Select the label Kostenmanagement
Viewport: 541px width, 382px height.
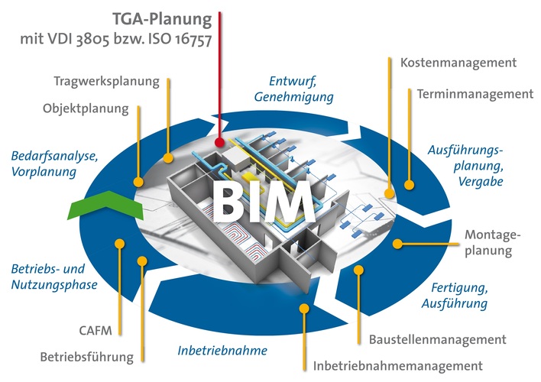point(458,62)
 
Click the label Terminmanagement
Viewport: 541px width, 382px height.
point(475,94)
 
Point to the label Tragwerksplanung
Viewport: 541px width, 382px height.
point(106,81)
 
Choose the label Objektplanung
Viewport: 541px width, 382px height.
point(85,108)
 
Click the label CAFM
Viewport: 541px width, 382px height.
point(96,331)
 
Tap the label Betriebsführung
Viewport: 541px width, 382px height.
point(86,356)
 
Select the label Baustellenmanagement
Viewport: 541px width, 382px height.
point(437,339)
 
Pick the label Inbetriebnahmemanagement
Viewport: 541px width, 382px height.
point(397,366)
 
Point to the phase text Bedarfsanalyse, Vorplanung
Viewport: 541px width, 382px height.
point(54,163)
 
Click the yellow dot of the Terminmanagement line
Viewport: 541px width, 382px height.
point(408,184)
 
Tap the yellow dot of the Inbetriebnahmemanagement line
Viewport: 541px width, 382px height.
point(304,309)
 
